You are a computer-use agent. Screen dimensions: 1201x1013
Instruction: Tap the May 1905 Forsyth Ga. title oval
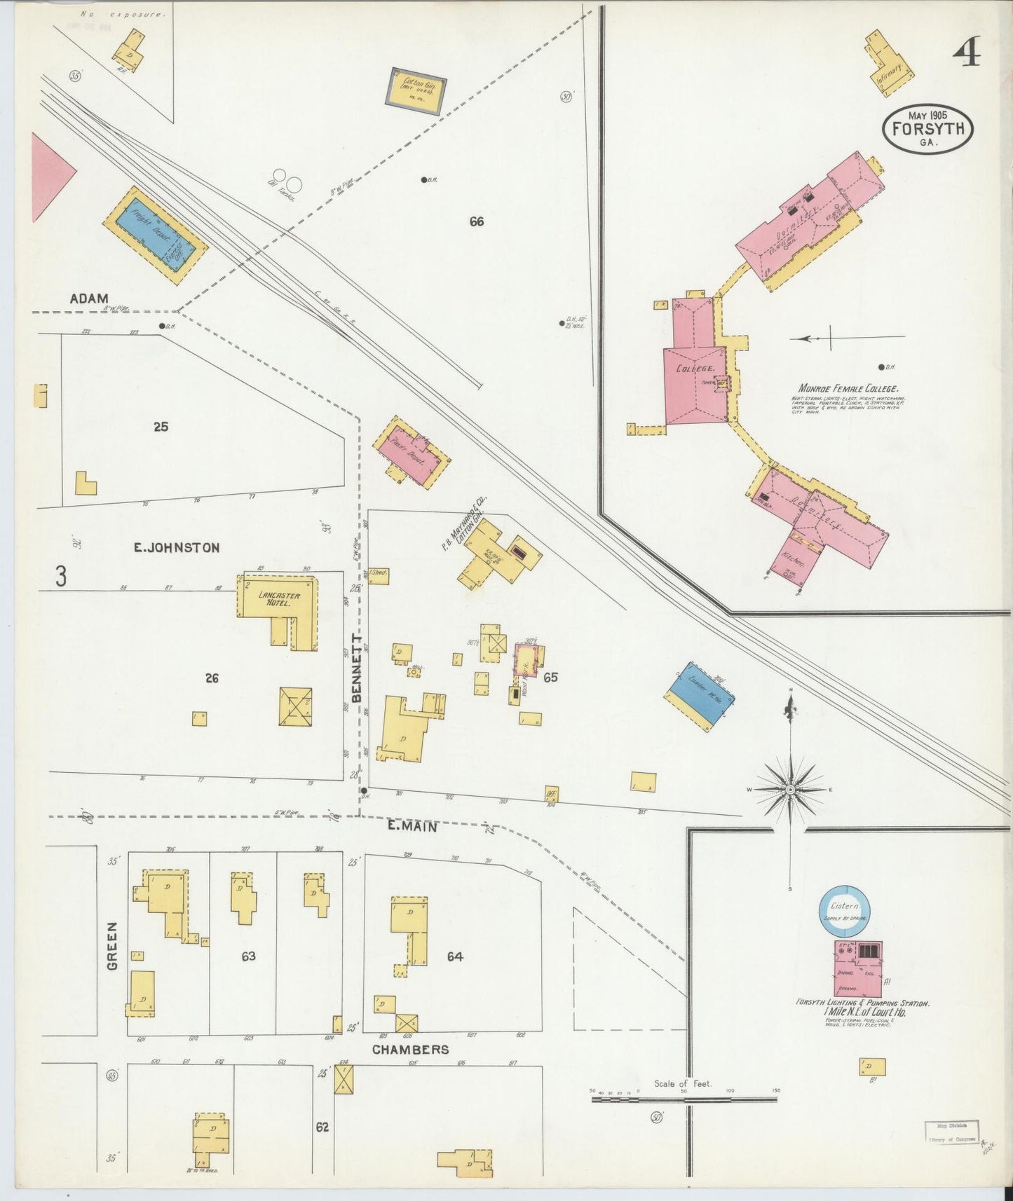coord(927,128)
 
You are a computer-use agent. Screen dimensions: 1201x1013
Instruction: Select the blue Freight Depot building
coord(156,235)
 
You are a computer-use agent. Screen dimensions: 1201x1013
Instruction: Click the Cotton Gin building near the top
coord(416,91)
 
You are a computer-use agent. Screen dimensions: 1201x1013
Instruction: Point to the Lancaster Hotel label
coord(279,598)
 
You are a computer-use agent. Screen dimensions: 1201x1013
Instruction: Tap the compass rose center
coord(791,789)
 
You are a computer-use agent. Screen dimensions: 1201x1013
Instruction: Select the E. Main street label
coord(412,827)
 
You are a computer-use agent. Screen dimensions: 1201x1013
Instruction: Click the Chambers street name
coord(410,1049)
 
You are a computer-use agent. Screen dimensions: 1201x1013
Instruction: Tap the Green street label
coord(113,946)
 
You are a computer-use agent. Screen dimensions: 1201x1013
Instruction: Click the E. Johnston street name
coord(177,547)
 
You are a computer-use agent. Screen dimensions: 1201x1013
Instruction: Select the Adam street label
coord(89,298)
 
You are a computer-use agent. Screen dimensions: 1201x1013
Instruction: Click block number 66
coord(477,221)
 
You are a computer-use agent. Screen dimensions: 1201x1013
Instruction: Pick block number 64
coord(455,956)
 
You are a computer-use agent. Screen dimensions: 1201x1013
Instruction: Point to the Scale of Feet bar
coord(684,1099)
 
